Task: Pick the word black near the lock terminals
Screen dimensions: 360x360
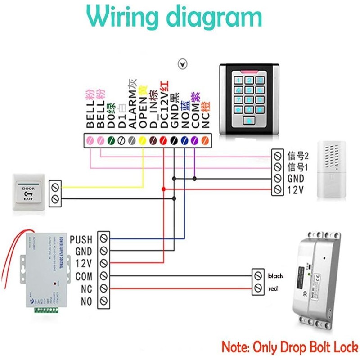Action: point(275,275)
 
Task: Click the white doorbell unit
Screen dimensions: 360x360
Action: point(333,170)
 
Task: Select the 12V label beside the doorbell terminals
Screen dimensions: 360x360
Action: point(296,190)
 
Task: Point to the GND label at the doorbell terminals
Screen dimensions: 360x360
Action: point(296,179)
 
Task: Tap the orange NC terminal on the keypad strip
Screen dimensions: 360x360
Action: point(206,140)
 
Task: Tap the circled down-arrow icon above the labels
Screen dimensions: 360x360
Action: point(182,64)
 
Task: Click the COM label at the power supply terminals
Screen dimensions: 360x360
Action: point(84,276)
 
